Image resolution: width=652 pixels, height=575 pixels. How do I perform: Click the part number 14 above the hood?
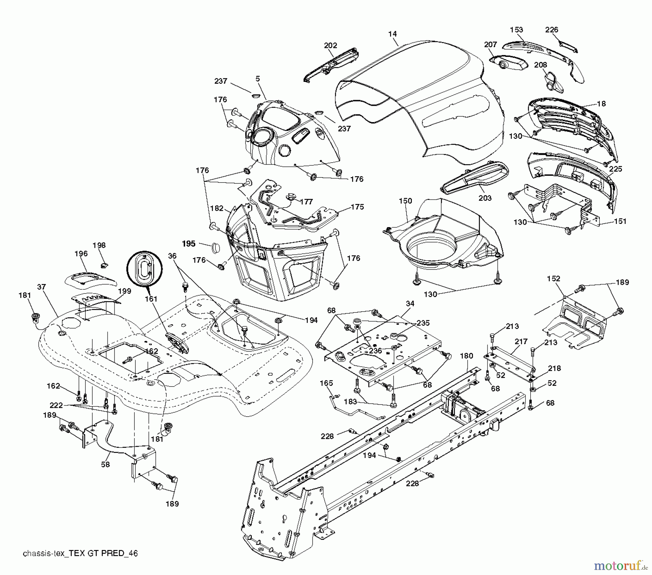coord(392,34)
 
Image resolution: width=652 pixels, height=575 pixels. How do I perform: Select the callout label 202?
coord(330,45)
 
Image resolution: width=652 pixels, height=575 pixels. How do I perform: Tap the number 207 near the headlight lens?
coord(490,44)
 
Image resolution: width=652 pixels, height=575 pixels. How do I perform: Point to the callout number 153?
coord(517,29)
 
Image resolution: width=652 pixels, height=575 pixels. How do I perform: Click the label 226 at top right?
coord(552,30)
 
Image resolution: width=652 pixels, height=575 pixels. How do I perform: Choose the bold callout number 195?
coord(188,244)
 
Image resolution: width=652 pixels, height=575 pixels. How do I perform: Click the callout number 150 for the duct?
coord(405,201)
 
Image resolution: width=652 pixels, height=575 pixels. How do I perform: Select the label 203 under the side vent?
coord(485,198)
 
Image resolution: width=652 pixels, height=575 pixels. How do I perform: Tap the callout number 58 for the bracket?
coord(105,464)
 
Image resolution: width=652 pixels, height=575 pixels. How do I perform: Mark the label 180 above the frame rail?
coord(466,356)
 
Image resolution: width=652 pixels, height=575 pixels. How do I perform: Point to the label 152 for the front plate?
coord(553,278)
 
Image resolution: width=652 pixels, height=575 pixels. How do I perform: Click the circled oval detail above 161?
coord(145,268)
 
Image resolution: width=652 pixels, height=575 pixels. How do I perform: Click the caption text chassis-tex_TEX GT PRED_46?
coord(80,554)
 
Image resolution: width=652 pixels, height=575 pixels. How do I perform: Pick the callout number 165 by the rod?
coord(326,383)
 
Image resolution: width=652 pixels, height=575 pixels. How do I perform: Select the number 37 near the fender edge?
coord(41,287)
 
